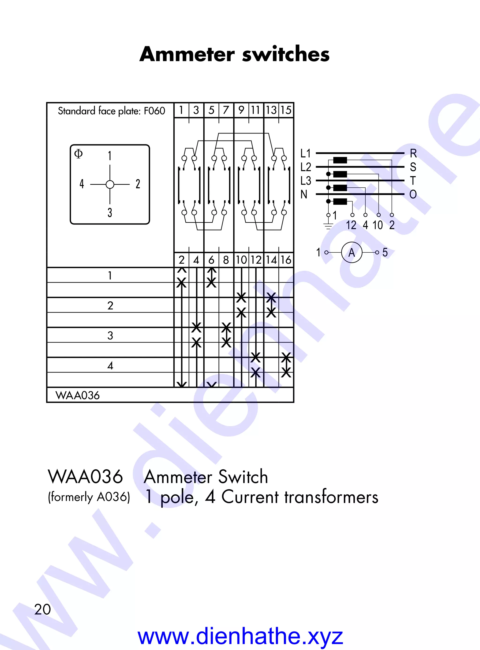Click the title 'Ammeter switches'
tap(234, 54)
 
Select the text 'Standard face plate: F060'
tap(111, 111)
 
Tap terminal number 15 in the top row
tap(286, 110)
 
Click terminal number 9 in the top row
tap(241, 110)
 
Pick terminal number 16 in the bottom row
tap(286, 260)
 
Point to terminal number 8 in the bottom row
tap(226, 260)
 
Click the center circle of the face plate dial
tap(110, 184)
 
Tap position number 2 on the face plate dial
tap(138, 184)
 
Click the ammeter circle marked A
tap(352, 252)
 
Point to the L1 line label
tap(306, 153)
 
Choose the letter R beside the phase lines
tap(413, 153)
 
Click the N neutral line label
tap(304, 194)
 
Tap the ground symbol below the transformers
tap(328, 225)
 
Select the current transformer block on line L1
tap(340, 160)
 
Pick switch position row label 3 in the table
tap(110, 335)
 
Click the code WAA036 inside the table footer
tap(78, 395)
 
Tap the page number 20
tap(42, 609)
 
